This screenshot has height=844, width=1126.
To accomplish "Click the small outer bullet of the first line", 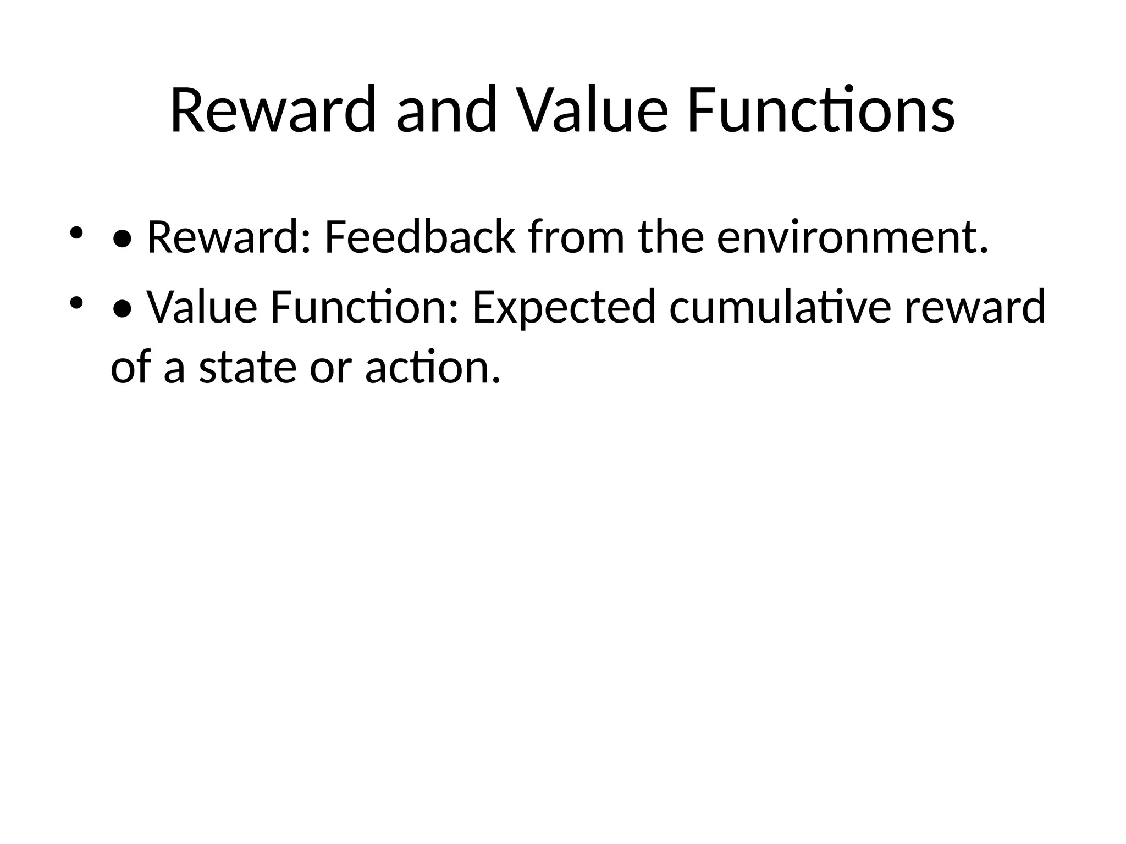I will click(76, 233).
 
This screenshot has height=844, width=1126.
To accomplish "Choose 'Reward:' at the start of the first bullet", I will click(229, 238).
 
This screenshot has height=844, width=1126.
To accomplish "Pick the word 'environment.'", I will click(853, 238).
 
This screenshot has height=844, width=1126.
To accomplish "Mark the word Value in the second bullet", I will click(202, 308).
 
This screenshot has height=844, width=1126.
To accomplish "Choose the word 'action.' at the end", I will click(433, 368).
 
